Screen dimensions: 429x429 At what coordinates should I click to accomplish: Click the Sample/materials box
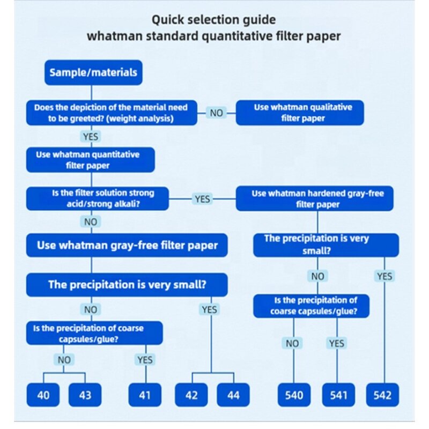(x=93, y=72)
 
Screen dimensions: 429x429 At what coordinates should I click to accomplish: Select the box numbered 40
(x=44, y=396)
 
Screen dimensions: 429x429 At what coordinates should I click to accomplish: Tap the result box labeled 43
(x=85, y=396)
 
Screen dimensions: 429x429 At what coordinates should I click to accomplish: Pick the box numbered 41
(x=145, y=396)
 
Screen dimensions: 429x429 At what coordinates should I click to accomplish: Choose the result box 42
(x=191, y=396)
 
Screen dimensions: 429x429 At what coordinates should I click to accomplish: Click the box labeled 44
(x=233, y=396)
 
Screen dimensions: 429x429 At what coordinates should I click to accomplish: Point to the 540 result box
(x=294, y=396)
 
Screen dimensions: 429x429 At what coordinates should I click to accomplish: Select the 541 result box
(x=338, y=396)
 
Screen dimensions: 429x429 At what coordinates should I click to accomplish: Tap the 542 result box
(x=383, y=396)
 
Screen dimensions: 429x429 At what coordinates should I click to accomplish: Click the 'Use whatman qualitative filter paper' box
(x=300, y=113)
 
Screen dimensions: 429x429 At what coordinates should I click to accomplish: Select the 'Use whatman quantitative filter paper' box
(x=91, y=160)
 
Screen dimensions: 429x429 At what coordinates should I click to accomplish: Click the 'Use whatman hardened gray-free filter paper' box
(x=318, y=198)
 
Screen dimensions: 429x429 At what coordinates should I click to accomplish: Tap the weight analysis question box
(x=112, y=113)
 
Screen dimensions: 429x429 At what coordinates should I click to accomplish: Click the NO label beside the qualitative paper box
(x=216, y=113)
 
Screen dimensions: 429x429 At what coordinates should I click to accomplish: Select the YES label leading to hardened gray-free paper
(x=202, y=199)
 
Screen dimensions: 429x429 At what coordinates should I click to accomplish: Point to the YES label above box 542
(x=384, y=276)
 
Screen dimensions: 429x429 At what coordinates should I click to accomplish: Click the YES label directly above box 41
(x=145, y=360)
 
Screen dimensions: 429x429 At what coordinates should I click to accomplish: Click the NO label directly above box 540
(x=293, y=343)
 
